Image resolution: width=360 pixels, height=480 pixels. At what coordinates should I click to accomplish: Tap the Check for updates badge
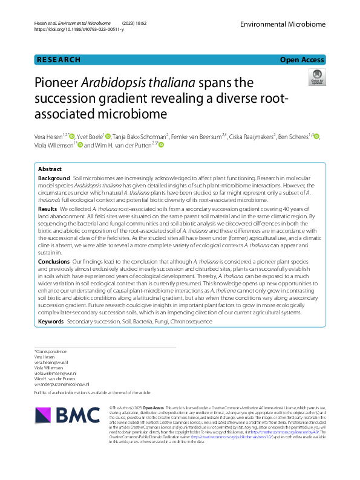coord(316,76)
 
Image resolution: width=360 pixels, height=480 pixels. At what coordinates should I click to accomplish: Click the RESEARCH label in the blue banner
coord(59,60)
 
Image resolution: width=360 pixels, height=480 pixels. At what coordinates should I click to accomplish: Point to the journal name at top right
coord(282,24)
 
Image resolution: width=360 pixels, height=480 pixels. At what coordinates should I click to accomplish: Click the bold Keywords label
coord(51,322)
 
